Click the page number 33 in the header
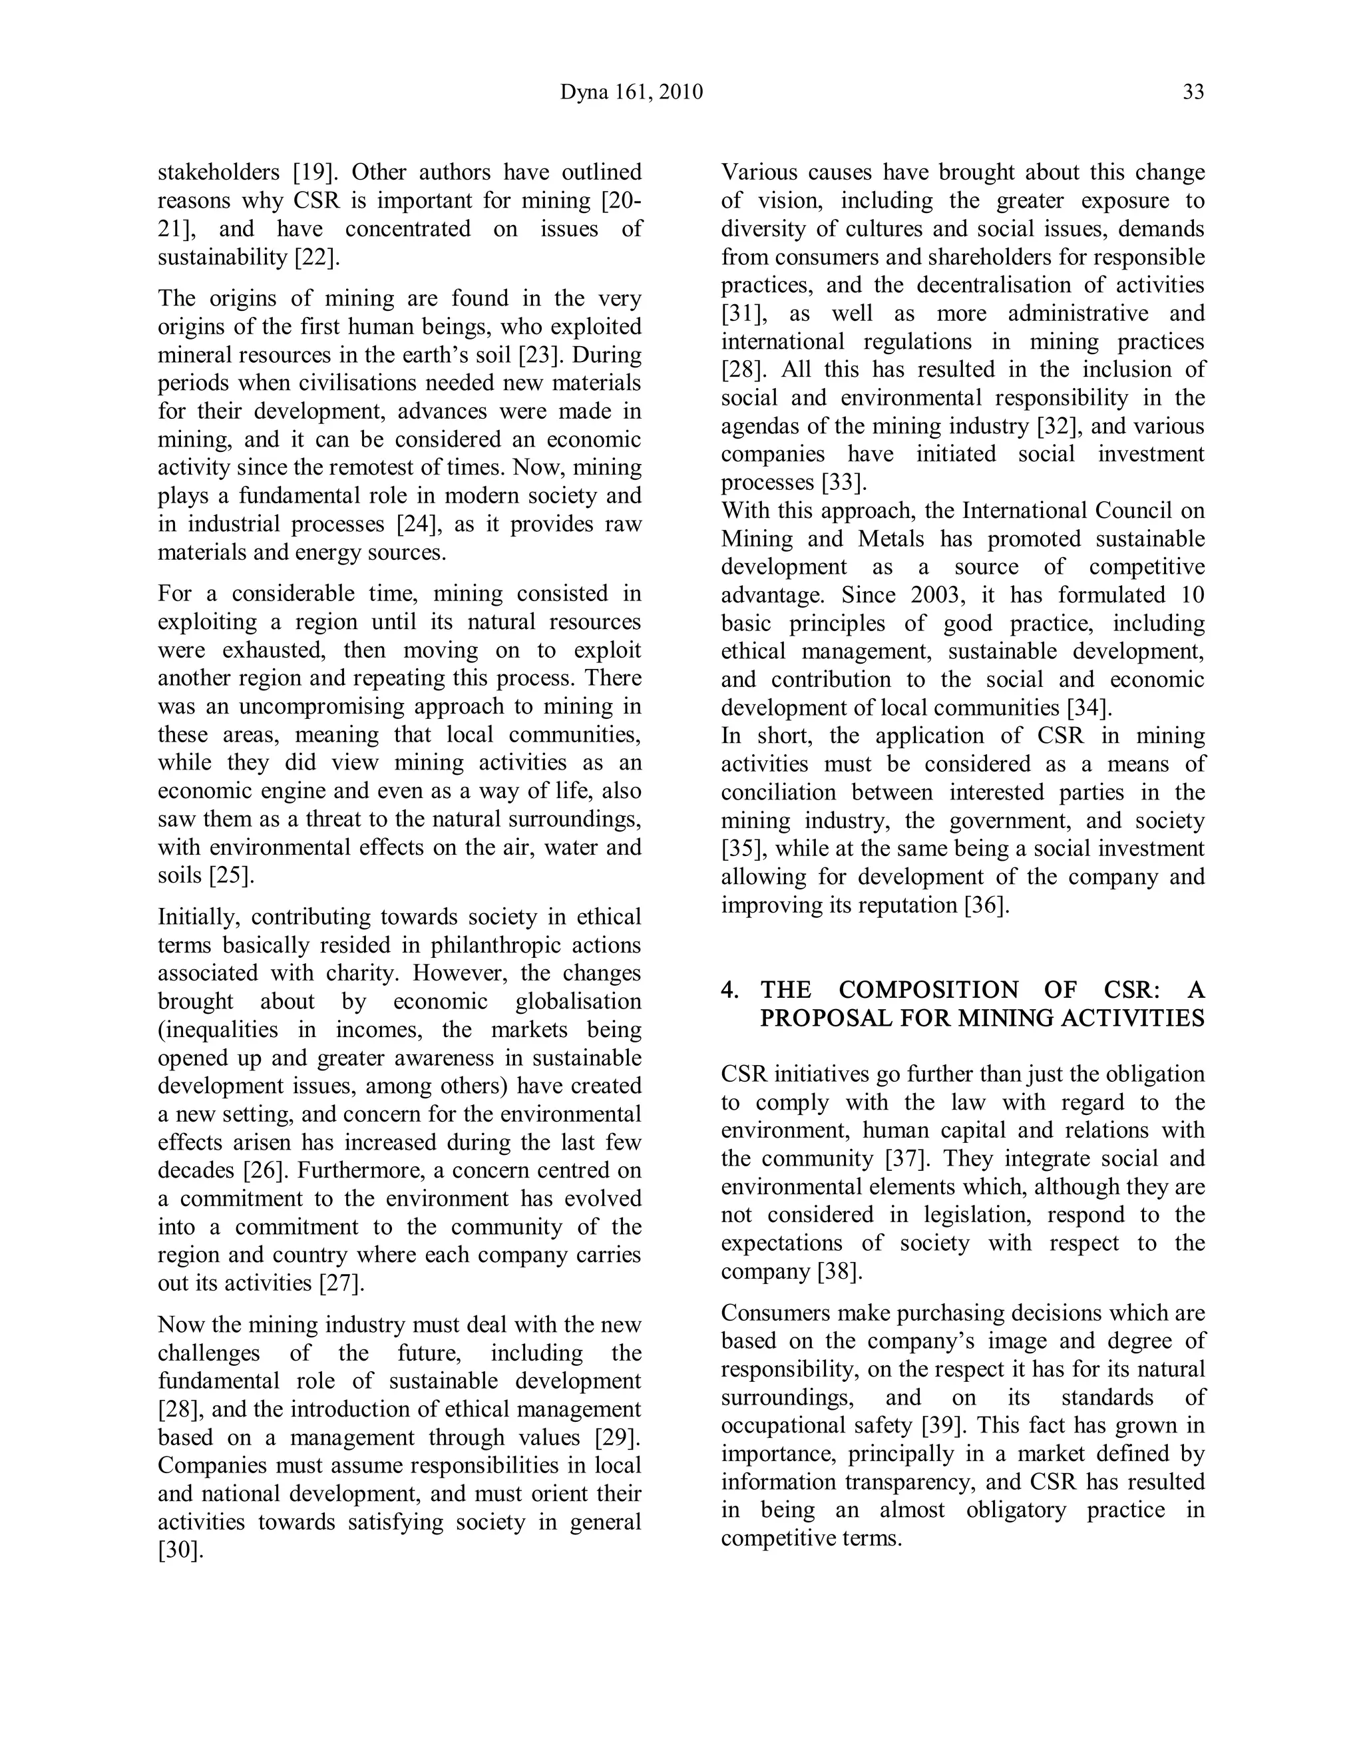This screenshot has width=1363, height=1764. click(x=1193, y=92)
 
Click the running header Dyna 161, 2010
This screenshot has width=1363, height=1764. click(x=632, y=92)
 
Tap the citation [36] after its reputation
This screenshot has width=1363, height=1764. click(x=988, y=905)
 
